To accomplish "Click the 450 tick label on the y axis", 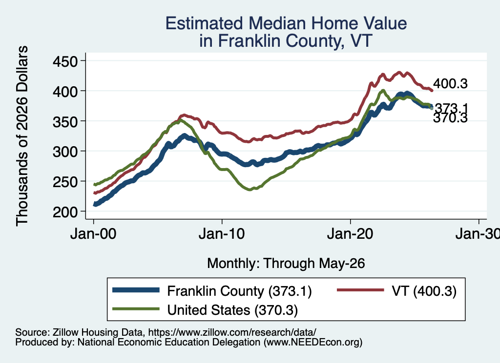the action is point(65,61).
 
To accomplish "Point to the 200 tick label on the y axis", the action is point(65,211).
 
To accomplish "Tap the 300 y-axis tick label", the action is point(65,152).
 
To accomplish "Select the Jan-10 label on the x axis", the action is point(222,234).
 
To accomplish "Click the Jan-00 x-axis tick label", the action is point(93,234).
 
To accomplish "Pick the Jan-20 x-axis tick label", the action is point(350,234).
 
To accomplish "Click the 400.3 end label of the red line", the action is point(450,84).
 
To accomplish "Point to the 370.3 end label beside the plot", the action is point(450,118).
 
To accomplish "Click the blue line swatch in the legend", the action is point(136,290).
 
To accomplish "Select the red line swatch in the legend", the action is point(361,290).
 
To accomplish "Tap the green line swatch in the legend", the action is point(136,309).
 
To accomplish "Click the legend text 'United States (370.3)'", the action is point(232,310).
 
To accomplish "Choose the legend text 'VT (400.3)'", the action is point(424,291).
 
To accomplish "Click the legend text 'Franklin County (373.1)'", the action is point(239,291).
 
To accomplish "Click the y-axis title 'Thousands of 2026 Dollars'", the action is point(22,136).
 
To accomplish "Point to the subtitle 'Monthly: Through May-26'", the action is point(286,264).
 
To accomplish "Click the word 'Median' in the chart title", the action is point(277,23).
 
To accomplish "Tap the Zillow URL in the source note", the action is point(232,332).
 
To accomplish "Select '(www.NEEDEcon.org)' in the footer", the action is point(313,343).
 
